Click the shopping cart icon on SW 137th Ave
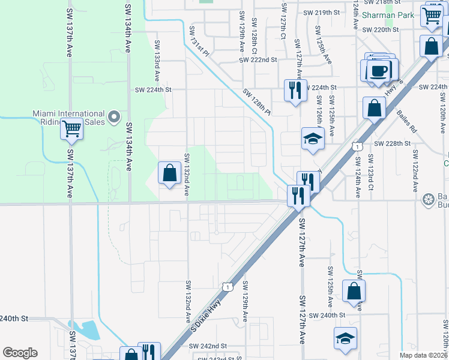(x=71, y=128)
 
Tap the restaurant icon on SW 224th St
(x=295, y=90)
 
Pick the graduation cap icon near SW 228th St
(x=313, y=139)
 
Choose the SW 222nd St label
(x=258, y=60)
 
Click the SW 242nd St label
(x=208, y=346)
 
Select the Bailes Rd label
(x=406, y=121)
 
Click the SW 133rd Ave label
(x=157, y=61)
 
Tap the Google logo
(x=20, y=353)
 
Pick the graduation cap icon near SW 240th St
(x=346, y=338)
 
